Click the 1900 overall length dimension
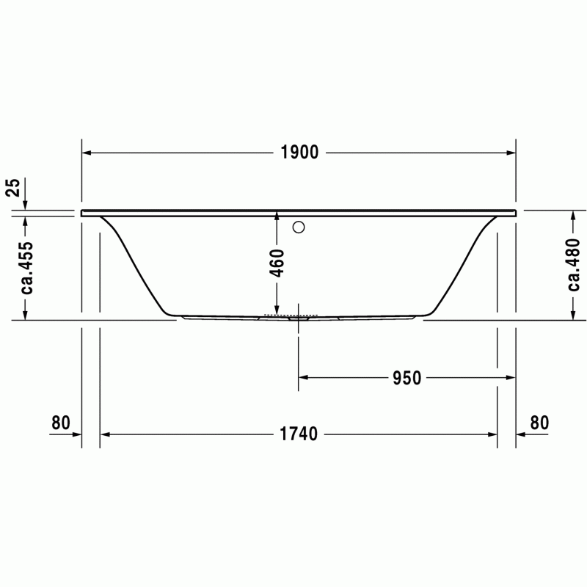coord(299,153)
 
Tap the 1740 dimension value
coord(299,434)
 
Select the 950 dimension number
coord(407,378)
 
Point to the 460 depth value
coord(277,263)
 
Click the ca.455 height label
coord(26,268)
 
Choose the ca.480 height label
coord(573,265)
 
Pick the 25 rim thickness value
coord(12,187)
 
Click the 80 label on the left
coord(61,423)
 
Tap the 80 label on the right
coord(539,423)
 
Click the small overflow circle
coord(299,227)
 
